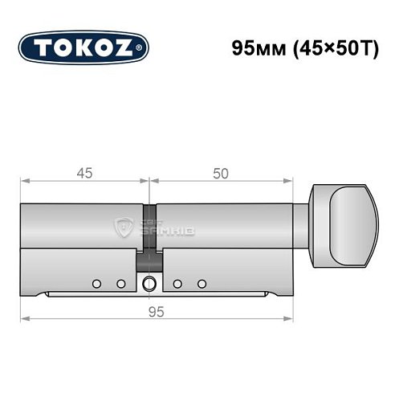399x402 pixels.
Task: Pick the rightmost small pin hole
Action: click(x=202, y=283)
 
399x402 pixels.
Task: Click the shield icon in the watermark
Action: click(x=125, y=228)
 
